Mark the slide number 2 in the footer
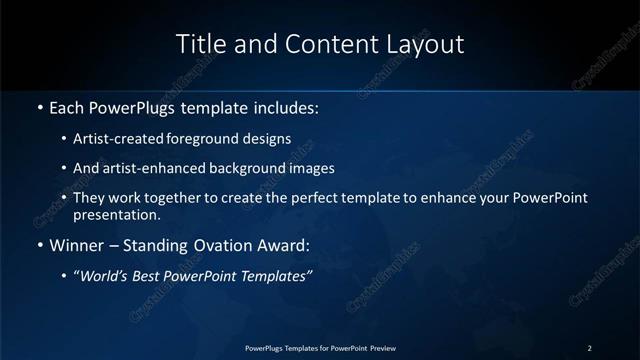point(589,348)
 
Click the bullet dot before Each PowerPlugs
point(39,106)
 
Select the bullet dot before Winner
point(39,245)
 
